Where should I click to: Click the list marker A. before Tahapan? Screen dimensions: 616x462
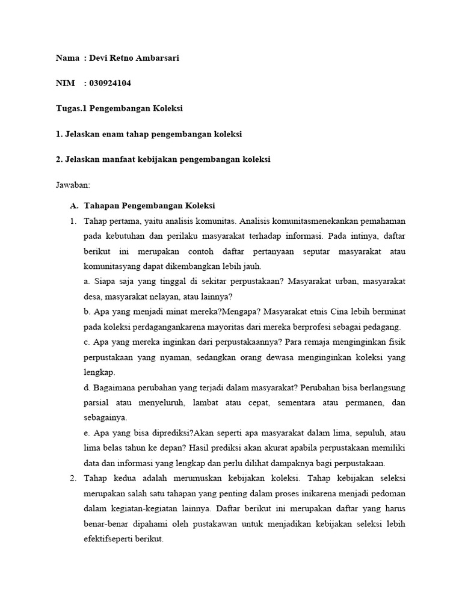[75, 206]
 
